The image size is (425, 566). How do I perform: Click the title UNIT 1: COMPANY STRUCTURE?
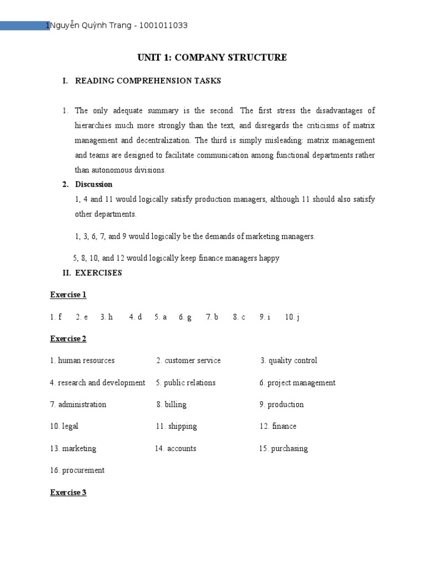tap(212, 57)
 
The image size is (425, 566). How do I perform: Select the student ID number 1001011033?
tap(164, 26)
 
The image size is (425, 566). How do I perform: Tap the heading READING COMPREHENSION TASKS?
tap(148, 81)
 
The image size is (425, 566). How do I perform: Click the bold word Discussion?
tap(94, 184)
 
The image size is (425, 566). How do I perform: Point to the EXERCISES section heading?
tap(99, 272)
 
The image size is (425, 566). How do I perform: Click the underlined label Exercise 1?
tap(68, 295)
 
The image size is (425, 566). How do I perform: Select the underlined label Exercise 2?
tap(68, 338)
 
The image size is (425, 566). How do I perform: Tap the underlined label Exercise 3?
tap(68, 492)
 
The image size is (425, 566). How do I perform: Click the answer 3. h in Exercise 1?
tap(106, 317)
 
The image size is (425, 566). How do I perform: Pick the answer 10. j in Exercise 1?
tap(292, 317)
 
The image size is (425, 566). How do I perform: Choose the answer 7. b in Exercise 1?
tap(212, 317)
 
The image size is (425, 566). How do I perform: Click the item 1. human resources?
tap(82, 360)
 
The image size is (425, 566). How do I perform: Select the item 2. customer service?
tap(188, 360)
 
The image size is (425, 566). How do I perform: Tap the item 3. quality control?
tap(289, 360)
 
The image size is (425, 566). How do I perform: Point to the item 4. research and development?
tap(97, 382)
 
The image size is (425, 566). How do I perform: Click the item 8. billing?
tap(172, 404)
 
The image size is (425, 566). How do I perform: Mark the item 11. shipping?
tap(176, 426)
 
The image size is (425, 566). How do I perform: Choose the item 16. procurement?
tap(77, 470)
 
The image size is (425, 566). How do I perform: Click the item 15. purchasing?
tap(283, 448)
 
